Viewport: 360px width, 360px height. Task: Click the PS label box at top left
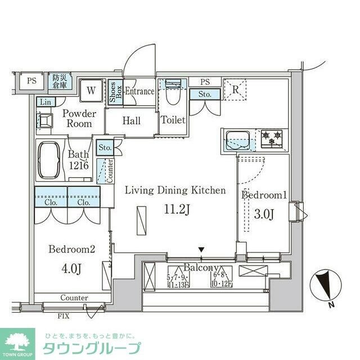click(31, 80)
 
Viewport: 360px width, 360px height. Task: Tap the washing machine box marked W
click(91, 88)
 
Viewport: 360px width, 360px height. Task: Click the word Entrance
click(139, 91)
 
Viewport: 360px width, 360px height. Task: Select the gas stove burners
click(273, 138)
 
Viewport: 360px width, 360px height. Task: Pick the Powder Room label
click(79, 118)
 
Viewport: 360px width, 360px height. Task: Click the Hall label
click(131, 121)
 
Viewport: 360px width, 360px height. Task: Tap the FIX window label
click(64, 316)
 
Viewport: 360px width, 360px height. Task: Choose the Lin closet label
click(44, 102)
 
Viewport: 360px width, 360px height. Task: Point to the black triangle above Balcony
click(201, 250)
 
